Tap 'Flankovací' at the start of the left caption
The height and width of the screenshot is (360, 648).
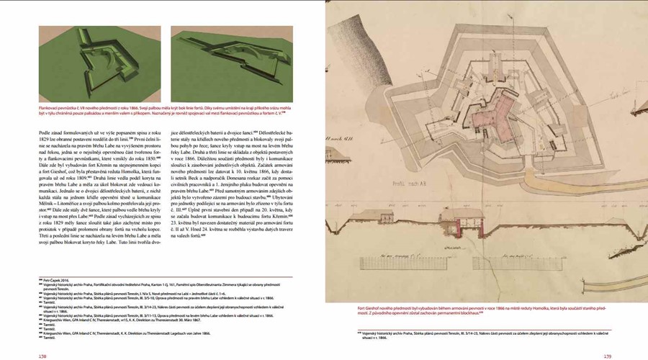pyautogui.click(x=50, y=107)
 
